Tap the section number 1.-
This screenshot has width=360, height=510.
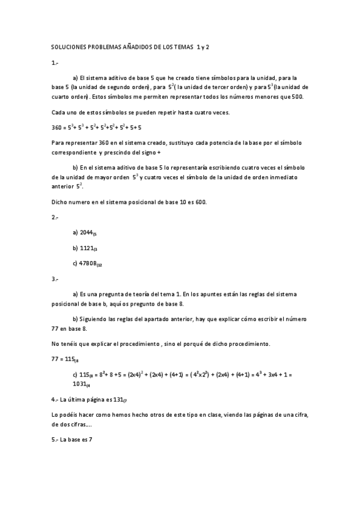[x=55, y=62]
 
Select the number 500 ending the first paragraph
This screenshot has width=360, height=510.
[x=297, y=96]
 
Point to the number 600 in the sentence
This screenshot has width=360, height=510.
[x=200, y=202]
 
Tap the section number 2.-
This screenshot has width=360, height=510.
[x=55, y=217]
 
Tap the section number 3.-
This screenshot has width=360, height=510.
[x=55, y=278]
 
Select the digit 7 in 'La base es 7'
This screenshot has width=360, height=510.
[x=90, y=440]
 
